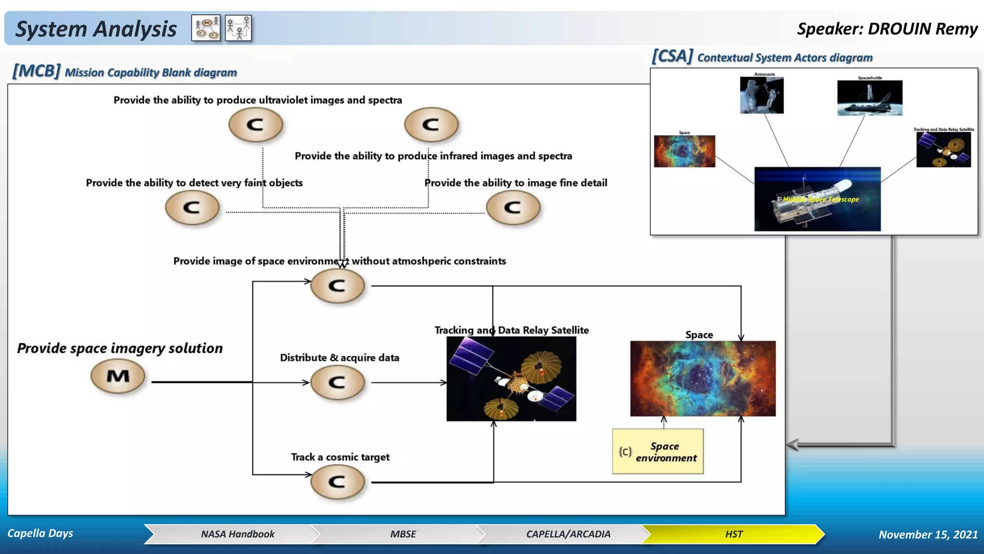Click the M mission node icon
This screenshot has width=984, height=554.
pyautogui.click(x=118, y=377)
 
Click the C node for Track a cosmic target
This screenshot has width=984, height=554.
pyautogui.click(x=337, y=482)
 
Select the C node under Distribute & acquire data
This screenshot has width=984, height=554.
pyautogui.click(x=337, y=383)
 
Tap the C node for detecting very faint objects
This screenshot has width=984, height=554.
pyautogui.click(x=192, y=208)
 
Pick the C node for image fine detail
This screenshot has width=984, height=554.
pyautogui.click(x=513, y=208)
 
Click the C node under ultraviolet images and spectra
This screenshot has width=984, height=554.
pyautogui.click(x=256, y=125)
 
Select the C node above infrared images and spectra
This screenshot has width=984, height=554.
pyautogui.click(x=431, y=125)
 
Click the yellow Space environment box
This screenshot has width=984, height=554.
pyautogui.click(x=658, y=452)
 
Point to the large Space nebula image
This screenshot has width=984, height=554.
pyautogui.click(x=702, y=378)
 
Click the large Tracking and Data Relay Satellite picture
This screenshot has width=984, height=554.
pyautogui.click(x=511, y=379)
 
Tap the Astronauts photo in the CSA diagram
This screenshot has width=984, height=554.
pyautogui.click(x=762, y=95)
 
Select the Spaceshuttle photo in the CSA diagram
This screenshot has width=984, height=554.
pyautogui.click(x=870, y=98)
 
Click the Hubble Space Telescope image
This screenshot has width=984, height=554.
pyautogui.click(x=817, y=199)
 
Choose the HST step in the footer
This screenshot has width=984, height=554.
pyautogui.click(x=733, y=534)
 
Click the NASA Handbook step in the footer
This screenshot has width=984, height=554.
pyautogui.click(x=237, y=534)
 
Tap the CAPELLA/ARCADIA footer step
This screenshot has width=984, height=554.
pyautogui.click(x=568, y=534)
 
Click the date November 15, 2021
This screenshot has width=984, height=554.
pyautogui.click(x=928, y=535)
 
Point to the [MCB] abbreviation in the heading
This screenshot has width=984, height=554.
pyautogui.click(x=37, y=71)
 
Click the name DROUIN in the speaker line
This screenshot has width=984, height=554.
pyautogui.click(x=899, y=29)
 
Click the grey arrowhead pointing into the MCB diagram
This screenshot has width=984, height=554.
pyautogui.click(x=793, y=445)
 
